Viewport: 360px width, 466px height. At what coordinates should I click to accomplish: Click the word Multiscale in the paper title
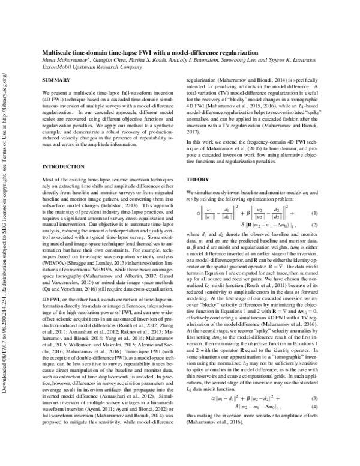59,53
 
